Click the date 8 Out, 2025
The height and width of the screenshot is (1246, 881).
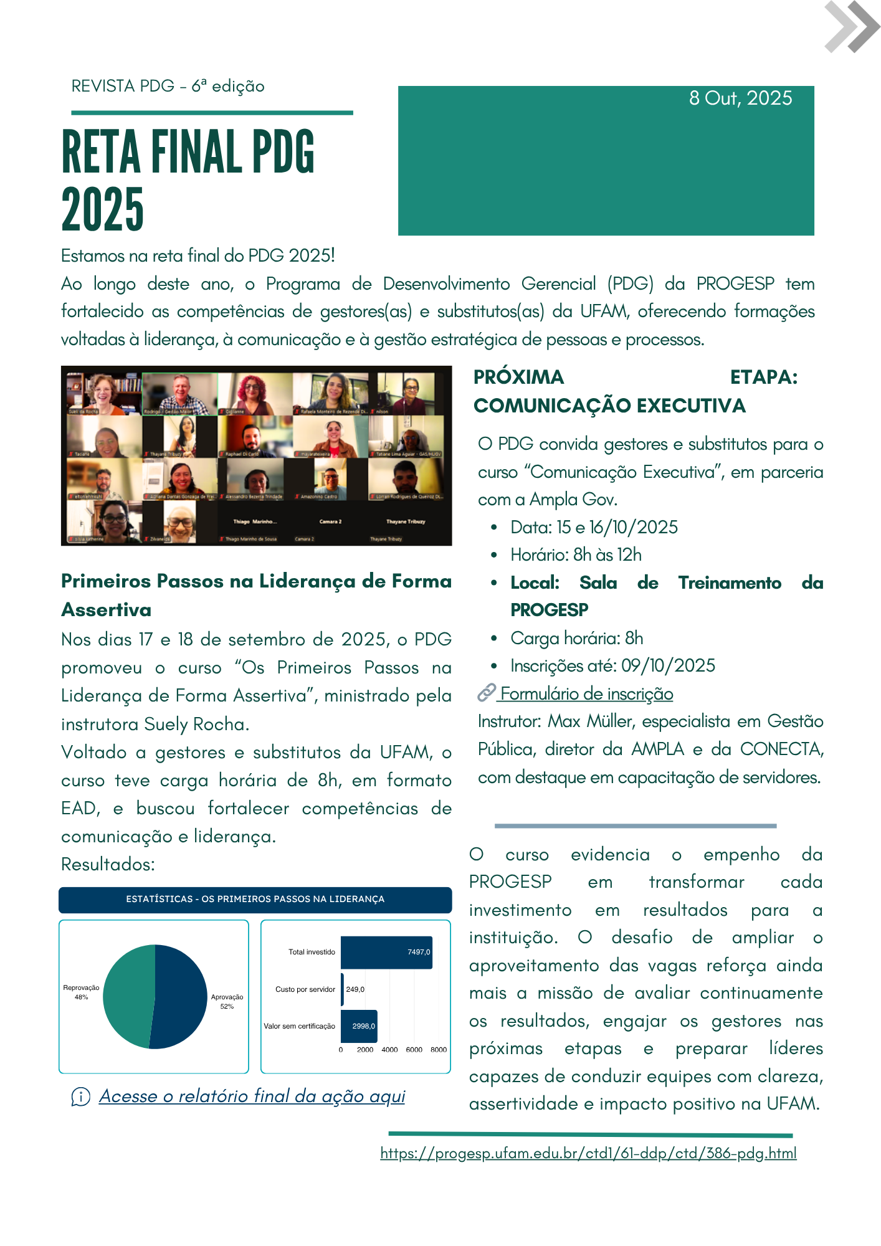pos(740,98)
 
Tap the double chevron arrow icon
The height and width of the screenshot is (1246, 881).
pos(851,27)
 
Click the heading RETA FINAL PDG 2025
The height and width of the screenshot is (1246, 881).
pos(187,179)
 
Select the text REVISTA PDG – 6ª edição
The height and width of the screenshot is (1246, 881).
pos(168,86)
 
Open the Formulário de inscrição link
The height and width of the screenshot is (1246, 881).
pos(586,693)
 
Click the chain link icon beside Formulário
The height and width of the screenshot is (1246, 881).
pos(486,692)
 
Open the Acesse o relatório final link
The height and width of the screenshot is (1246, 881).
pos(252,1096)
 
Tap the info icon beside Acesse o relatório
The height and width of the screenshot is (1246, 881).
pos(80,1096)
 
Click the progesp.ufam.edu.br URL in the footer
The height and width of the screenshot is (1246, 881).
pos(588,1153)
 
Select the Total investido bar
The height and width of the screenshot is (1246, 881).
pos(386,952)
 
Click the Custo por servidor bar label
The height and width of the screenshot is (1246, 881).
pos(305,989)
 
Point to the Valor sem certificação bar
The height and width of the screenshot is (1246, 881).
pos(359,1026)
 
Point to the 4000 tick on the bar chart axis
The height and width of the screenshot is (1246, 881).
pos(389,1050)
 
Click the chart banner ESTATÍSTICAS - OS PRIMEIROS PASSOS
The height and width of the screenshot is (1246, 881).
pos(255,899)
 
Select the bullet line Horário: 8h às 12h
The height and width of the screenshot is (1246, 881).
pos(576,554)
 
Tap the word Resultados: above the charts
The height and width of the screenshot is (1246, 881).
pos(108,864)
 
